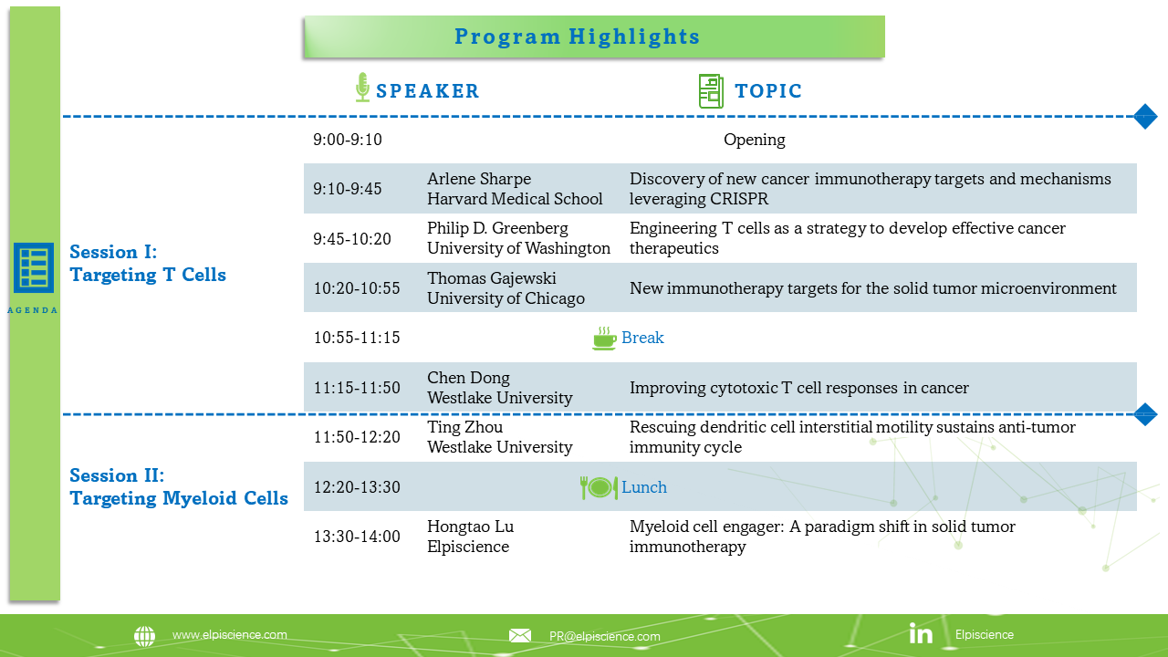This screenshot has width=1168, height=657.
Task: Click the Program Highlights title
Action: point(577,36)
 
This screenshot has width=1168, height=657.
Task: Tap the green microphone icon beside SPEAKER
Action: point(362,87)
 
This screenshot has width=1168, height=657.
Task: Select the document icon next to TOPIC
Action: point(711,91)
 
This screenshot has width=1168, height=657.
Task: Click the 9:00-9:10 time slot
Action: point(348,140)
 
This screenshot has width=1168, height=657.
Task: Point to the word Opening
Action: point(754,140)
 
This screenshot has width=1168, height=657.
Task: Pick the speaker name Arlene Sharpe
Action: point(479,179)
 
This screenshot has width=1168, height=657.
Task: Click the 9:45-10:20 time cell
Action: point(352,239)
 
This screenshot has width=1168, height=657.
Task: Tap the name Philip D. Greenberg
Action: point(497,228)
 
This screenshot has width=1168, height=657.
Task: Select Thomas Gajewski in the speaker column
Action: point(491,278)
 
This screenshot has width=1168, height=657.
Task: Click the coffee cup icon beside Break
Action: point(604,338)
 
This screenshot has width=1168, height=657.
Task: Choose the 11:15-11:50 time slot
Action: point(357,388)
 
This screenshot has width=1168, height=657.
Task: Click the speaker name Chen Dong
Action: point(468,378)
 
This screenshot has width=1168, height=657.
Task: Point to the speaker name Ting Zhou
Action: point(464,427)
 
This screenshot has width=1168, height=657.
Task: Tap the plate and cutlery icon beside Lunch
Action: point(600,487)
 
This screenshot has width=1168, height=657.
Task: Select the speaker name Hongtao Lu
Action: point(470,527)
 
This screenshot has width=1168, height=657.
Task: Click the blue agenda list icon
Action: point(34,267)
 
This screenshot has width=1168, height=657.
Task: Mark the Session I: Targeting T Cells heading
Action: point(148,264)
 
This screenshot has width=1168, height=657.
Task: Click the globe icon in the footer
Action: point(144,636)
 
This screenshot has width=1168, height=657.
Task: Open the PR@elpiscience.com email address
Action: point(604,636)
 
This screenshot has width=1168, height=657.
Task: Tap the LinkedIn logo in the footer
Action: point(921,633)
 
